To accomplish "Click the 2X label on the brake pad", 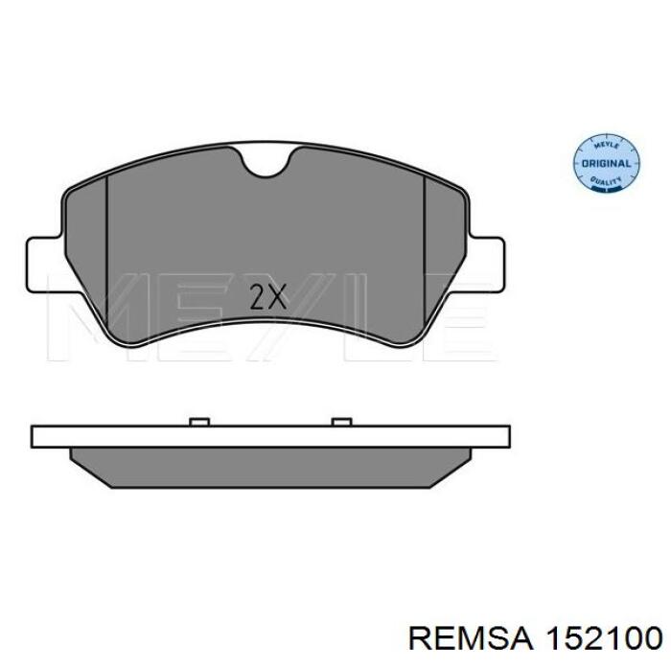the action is pyautogui.click(x=267, y=297).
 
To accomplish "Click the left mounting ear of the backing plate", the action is pyautogui.click(x=44, y=266).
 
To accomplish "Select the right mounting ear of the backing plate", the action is pyautogui.click(x=487, y=266).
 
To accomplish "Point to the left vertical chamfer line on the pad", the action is pyautogui.click(x=106, y=250).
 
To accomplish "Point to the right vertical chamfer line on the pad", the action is pyautogui.click(x=424, y=251).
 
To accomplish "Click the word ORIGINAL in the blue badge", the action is pyautogui.click(x=606, y=164).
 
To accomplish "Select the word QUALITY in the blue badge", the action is pyautogui.click(x=606, y=181).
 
